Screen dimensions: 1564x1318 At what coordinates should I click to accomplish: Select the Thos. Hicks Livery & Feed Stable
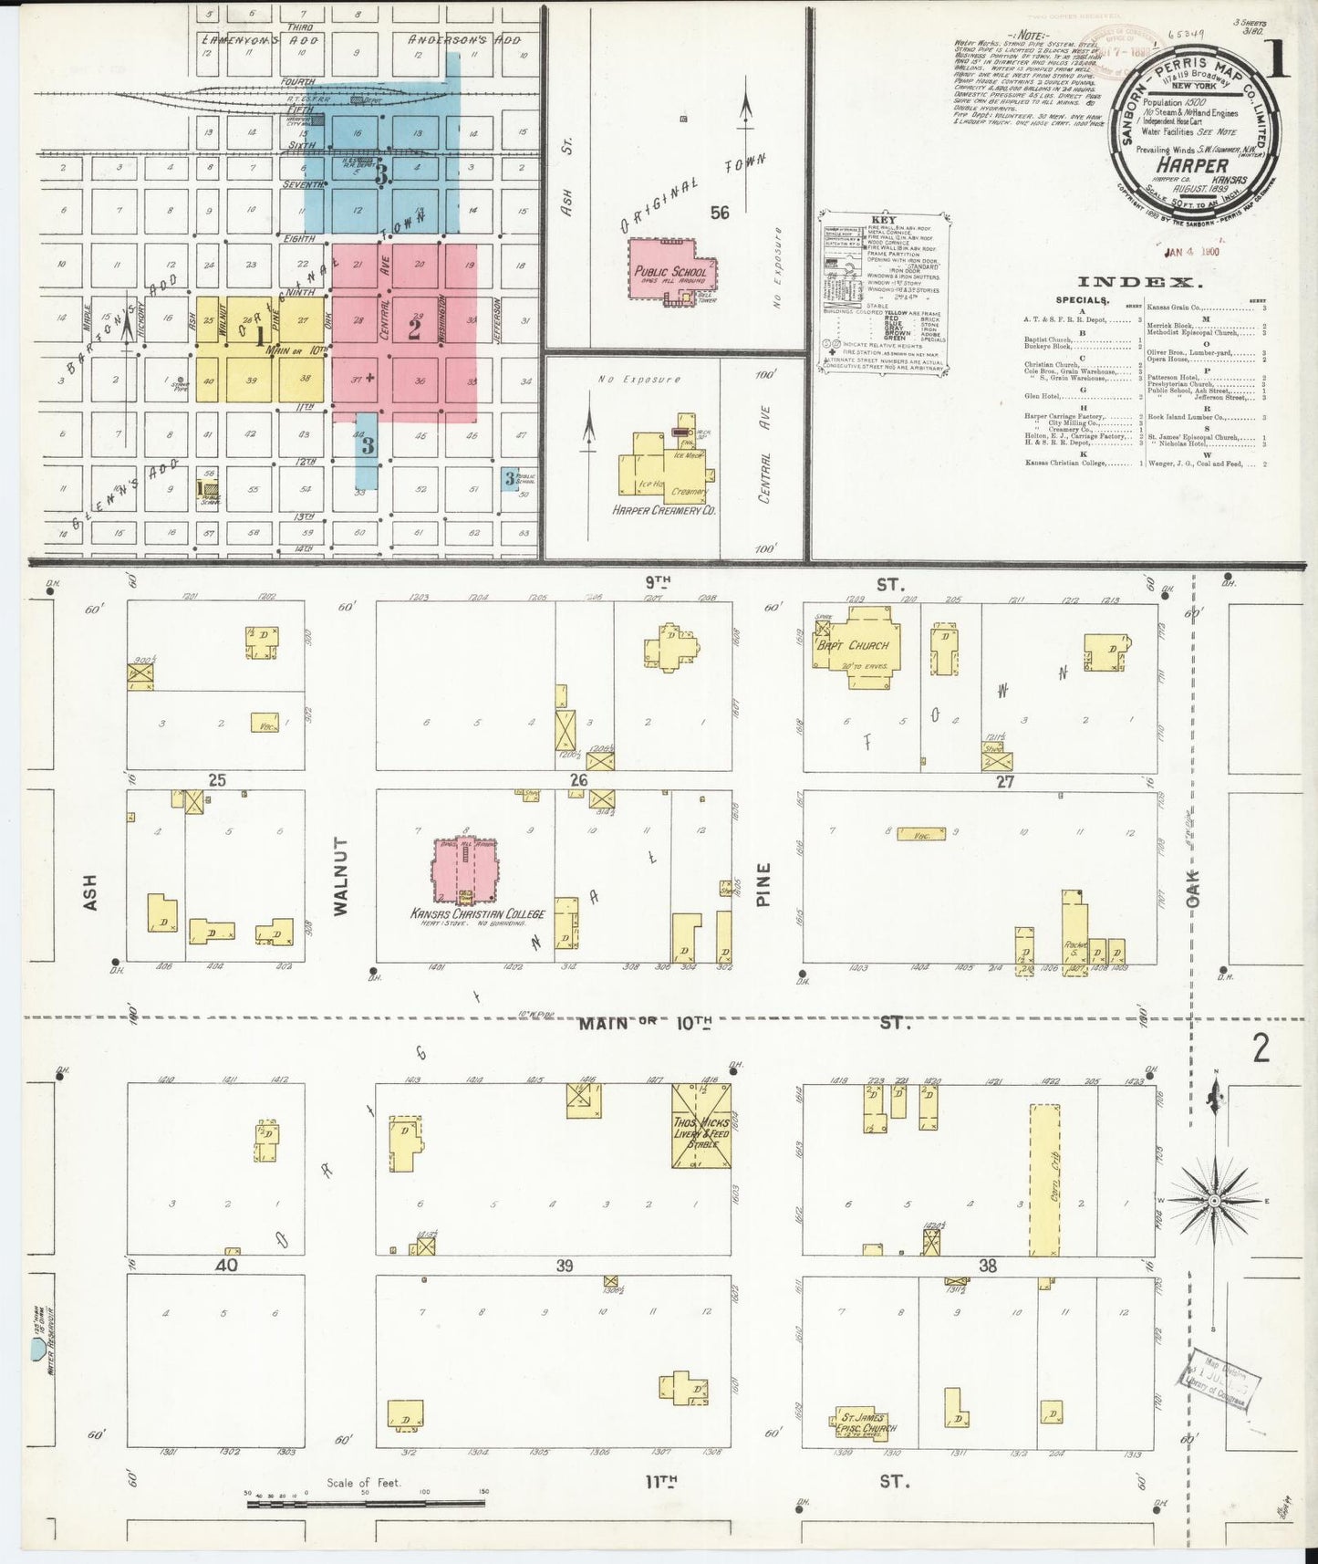pos(701,1125)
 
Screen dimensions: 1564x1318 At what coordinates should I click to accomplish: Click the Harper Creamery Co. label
pos(664,510)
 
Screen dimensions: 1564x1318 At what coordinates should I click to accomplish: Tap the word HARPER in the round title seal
pos(1192,165)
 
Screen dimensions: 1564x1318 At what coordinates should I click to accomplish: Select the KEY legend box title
pos(884,219)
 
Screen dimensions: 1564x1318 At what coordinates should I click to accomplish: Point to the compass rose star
pos(1213,1202)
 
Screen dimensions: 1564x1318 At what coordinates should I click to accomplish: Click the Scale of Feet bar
pos(365,1501)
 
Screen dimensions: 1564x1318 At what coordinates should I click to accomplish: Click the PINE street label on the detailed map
pos(764,884)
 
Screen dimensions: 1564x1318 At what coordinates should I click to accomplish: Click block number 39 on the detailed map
pos(566,1266)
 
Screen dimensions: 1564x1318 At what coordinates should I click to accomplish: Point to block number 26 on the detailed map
pos(578,780)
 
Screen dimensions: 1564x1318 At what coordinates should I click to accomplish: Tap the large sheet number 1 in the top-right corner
pos(1277,60)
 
